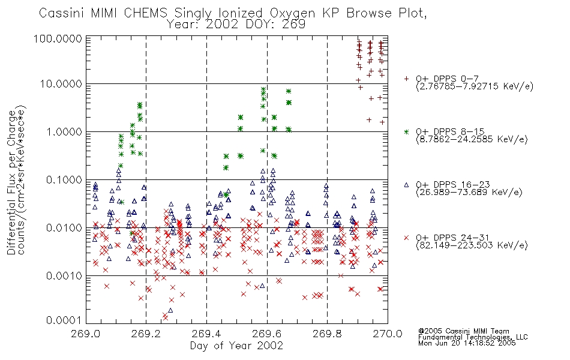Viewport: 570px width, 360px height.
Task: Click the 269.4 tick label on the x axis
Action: [x=206, y=334]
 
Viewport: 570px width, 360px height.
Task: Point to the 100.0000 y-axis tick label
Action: [x=58, y=38]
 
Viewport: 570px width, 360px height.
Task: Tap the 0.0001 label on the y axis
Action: [x=64, y=320]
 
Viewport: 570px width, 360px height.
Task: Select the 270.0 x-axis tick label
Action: [x=388, y=334]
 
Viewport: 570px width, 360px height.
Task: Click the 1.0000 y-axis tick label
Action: [x=64, y=131]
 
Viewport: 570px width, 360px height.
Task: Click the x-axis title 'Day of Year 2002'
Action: [x=236, y=346]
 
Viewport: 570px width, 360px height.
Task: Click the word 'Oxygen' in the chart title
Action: [x=293, y=13]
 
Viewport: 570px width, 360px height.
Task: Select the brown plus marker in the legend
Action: [x=406, y=78]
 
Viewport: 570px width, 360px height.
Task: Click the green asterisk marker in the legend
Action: [x=406, y=131]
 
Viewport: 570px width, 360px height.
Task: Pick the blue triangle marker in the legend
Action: [x=406, y=185]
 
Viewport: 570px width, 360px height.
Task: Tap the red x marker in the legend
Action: [x=406, y=238]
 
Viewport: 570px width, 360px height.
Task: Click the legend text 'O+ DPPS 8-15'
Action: [x=450, y=131]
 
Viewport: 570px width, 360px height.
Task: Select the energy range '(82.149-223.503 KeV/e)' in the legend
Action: [x=472, y=245]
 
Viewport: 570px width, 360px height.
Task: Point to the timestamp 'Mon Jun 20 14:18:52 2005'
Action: [x=467, y=343]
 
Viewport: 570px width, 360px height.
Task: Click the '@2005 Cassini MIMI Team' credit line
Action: [x=463, y=331]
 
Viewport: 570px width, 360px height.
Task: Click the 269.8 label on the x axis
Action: [x=327, y=334]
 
